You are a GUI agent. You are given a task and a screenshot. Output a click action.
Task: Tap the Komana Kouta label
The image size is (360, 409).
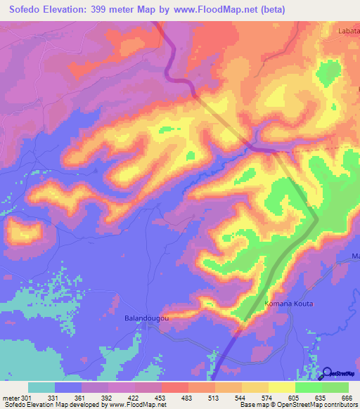(287, 304)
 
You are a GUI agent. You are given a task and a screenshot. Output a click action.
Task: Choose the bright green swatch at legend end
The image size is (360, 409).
(335, 387)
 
